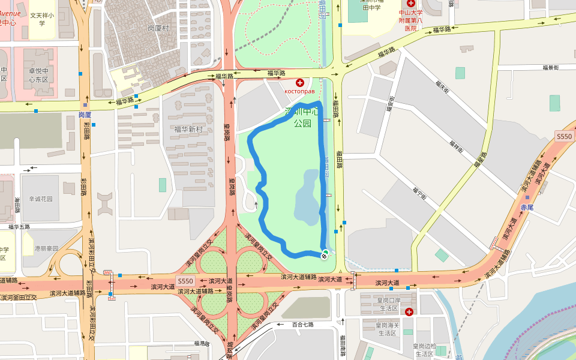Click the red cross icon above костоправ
tap(299, 82)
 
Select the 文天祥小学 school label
tap(42, 20)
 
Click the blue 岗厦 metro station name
tap(85, 114)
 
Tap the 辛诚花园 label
tap(41, 199)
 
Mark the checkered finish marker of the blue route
tap(324, 256)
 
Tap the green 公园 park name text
tap(302, 123)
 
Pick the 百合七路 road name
tap(303, 325)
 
